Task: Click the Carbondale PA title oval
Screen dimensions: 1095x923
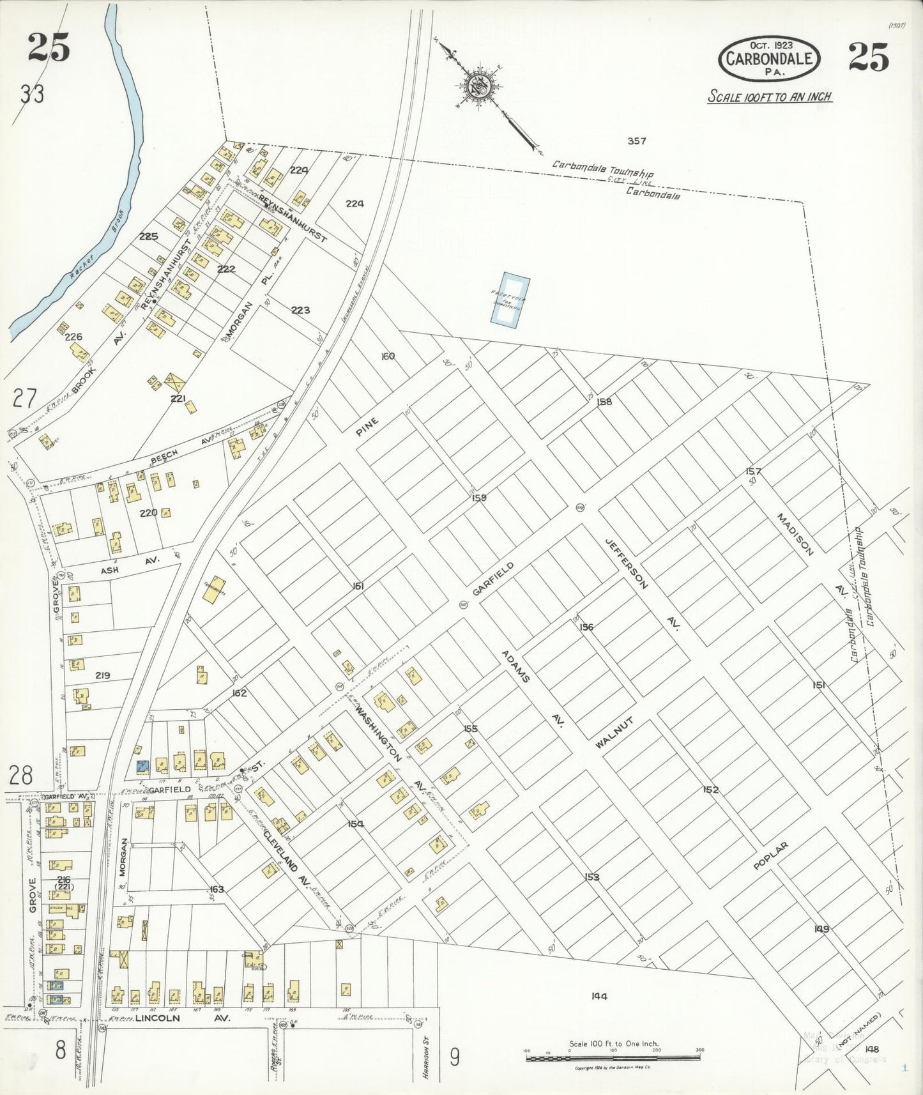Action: (768, 59)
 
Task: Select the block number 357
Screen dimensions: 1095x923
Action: (636, 141)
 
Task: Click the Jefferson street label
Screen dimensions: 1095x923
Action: (627, 563)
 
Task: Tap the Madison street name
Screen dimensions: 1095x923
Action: (795, 534)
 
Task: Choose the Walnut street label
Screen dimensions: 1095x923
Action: (614, 733)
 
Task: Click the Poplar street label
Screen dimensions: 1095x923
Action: (770, 856)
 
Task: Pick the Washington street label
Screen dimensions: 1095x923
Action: (378, 733)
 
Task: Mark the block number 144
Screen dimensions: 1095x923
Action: (599, 995)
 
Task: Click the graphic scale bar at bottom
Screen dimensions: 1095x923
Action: (613, 1059)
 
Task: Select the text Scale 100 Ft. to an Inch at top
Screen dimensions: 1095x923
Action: (769, 97)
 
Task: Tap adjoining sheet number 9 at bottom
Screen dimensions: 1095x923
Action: (454, 1058)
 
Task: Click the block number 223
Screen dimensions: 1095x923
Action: (300, 310)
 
